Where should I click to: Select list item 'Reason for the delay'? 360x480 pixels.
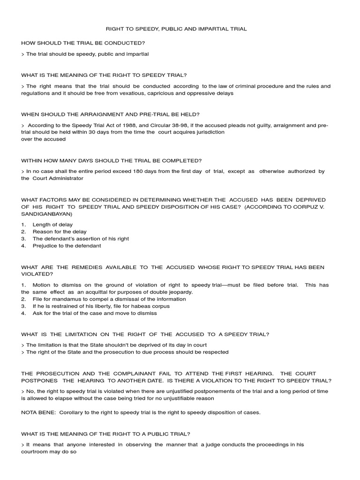coord(60,232)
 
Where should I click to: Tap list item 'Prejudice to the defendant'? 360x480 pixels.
coord(67,245)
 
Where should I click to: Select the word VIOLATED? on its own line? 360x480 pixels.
coord(37,274)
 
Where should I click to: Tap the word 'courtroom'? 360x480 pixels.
coord(35,452)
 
